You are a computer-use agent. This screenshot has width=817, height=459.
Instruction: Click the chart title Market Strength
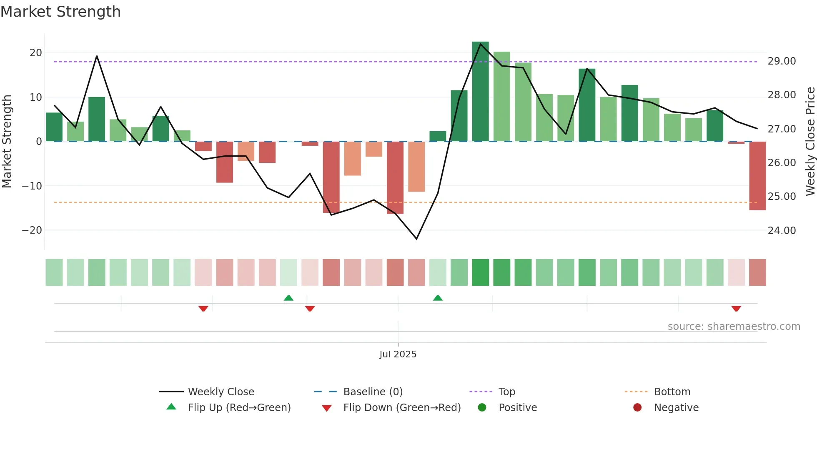pos(60,12)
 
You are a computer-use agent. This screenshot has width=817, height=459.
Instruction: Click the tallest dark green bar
pos(480,92)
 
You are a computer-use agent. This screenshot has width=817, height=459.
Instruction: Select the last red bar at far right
pos(757,176)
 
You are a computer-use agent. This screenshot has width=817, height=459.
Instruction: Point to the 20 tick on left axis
pos(36,53)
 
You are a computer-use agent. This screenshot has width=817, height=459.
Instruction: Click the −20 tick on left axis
pos(32,230)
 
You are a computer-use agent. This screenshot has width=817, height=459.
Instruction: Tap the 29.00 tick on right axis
pos(782,61)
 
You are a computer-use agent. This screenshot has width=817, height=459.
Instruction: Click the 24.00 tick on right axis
pos(782,231)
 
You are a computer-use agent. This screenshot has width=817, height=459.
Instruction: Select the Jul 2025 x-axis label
pos(398,354)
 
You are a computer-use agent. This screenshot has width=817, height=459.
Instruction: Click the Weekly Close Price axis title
pos(810,142)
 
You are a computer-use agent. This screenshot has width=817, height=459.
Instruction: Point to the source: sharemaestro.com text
pos(734,327)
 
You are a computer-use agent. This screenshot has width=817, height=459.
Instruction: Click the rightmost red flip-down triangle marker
pos(736,309)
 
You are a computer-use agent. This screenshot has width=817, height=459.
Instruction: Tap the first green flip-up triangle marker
pos(288,298)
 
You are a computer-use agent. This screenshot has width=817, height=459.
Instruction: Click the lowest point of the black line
pos(416,239)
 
